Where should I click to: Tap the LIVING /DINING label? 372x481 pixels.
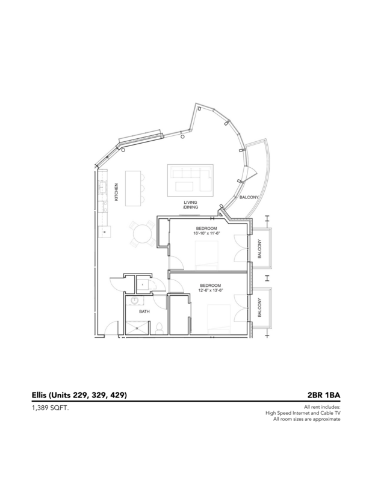(192, 204)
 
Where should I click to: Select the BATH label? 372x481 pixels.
(144, 311)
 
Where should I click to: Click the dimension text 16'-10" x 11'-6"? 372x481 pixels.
(208, 233)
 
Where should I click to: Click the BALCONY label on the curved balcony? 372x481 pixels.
(250, 197)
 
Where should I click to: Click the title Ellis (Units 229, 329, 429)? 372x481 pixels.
(79, 395)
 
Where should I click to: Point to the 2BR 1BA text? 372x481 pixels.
(324, 395)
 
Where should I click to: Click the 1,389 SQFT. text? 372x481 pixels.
(51, 408)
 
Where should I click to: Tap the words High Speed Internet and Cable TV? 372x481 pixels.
(303, 413)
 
